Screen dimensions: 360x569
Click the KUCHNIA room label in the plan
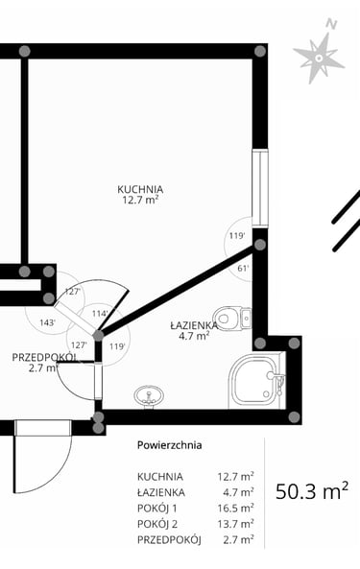pyautogui.click(x=140, y=189)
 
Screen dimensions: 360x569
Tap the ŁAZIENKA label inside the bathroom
pyautogui.click(x=194, y=325)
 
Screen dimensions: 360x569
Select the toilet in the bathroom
pyautogui.click(x=232, y=319)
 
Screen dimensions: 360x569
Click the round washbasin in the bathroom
pyautogui.click(x=148, y=395)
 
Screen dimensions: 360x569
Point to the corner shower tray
pyautogui.click(x=256, y=381)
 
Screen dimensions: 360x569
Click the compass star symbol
pyautogui.click(x=319, y=59)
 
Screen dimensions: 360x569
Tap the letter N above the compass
pyautogui.click(x=331, y=24)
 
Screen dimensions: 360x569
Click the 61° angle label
pyautogui.click(x=243, y=269)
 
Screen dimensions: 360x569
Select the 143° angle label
pyautogui.click(x=48, y=322)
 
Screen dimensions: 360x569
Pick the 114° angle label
pyautogui.click(x=100, y=314)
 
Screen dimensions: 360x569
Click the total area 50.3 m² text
pyautogui.click(x=312, y=491)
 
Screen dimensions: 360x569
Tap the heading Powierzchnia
pyautogui.click(x=170, y=445)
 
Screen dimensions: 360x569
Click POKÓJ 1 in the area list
pyautogui.click(x=156, y=509)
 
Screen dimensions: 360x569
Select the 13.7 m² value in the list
pyautogui.click(x=235, y=524)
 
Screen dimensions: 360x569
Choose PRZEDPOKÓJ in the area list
pyautogui.click(x=169, y=539)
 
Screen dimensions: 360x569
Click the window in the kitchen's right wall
pyautogui.click(x=260, y=189)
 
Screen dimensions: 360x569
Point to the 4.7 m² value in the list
pyautogui.click(x=238, y=492)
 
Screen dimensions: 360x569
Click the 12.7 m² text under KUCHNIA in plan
pyautogui.click(x=140, y=200)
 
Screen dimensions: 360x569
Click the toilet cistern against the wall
pyautogui.click(x=246, y=319)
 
